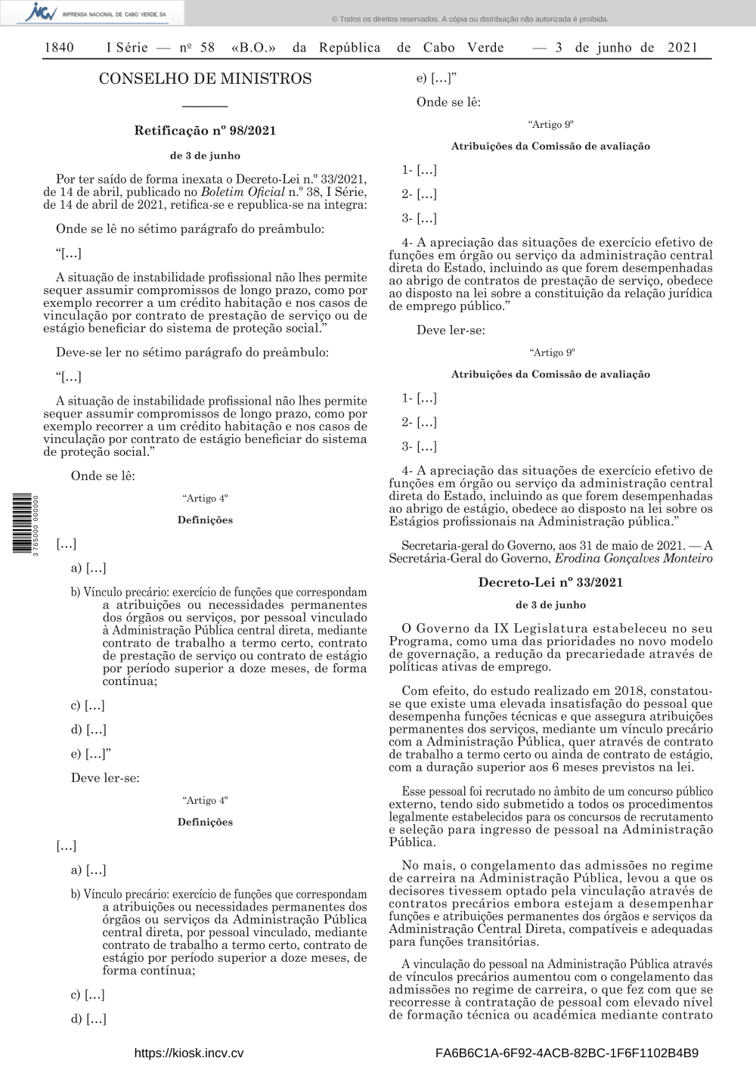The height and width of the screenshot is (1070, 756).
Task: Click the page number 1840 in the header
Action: click(x=59, y=48)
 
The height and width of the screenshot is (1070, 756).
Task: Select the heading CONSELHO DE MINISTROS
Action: click(x=205, y=79)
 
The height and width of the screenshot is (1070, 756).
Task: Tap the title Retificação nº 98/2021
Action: click(x=205, y=131)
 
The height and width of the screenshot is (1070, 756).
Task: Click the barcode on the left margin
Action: click(x=22, y=523)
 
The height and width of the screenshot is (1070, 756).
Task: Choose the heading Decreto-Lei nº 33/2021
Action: click(x=550, y=582)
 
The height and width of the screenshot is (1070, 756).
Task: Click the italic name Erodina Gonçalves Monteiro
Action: click(x=634, y=559)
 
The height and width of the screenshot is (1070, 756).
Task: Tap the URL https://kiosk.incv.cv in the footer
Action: click(x=188, y=1053)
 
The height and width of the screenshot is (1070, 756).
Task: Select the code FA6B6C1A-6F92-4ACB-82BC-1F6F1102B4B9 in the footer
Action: click(x=567, y=1053)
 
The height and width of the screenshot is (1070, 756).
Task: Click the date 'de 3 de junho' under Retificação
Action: click(x=205, y=156)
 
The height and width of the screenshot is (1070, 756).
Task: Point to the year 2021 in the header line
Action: click(x=683, y=48)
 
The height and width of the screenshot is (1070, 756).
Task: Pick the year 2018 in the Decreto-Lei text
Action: click(x=628, y=691)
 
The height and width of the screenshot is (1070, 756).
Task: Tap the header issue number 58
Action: click(x=207, y=48)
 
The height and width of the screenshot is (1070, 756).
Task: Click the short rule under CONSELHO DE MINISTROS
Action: click(x=205, y=105)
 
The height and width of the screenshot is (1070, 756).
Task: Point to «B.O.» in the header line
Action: click(x=253, y=48)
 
